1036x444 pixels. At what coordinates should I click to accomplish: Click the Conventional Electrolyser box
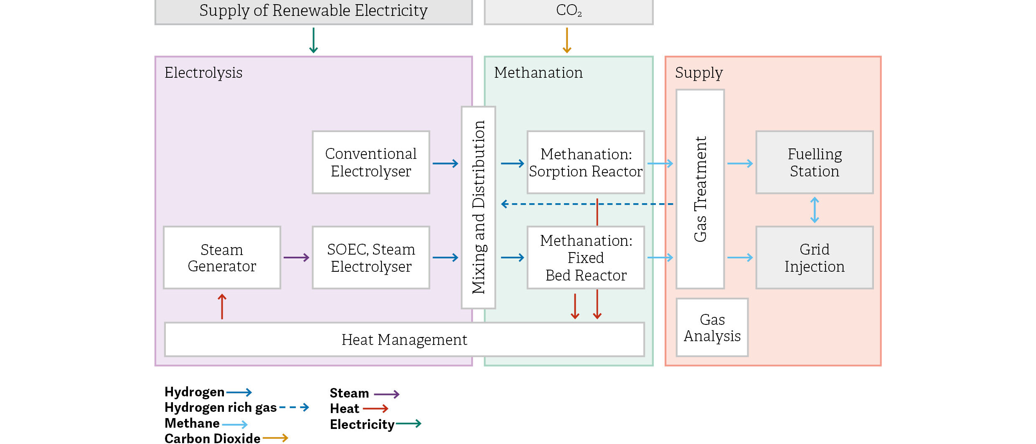point(371,162)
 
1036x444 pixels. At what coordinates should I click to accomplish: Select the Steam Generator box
point(222,258)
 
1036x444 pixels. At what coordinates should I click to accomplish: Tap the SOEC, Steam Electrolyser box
point(371,258)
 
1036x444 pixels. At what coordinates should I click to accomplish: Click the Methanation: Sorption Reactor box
point(586,162)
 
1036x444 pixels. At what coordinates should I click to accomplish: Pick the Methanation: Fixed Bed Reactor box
point(586,258)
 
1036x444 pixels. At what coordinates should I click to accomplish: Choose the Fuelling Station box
point(814,162)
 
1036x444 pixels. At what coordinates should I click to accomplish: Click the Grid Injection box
point(814,258)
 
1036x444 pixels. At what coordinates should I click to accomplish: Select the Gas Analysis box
point(712,327)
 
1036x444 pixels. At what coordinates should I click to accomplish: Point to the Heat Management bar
point(404,339)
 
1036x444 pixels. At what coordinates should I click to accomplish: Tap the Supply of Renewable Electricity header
point(313,11)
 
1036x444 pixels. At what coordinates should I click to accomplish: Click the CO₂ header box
point(569,11)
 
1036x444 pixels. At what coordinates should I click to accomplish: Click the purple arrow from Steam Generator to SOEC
point(296,258)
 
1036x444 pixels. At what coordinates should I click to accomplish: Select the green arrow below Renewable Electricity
point(313,41)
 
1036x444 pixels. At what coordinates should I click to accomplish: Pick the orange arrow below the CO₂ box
point(567,41)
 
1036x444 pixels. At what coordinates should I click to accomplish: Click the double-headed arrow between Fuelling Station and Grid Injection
point(814,210)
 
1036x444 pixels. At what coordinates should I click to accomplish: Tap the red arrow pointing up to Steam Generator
point(222,306)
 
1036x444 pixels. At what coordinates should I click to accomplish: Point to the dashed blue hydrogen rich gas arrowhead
point(505,204)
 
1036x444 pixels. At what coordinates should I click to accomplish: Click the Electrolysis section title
point(203,73)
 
